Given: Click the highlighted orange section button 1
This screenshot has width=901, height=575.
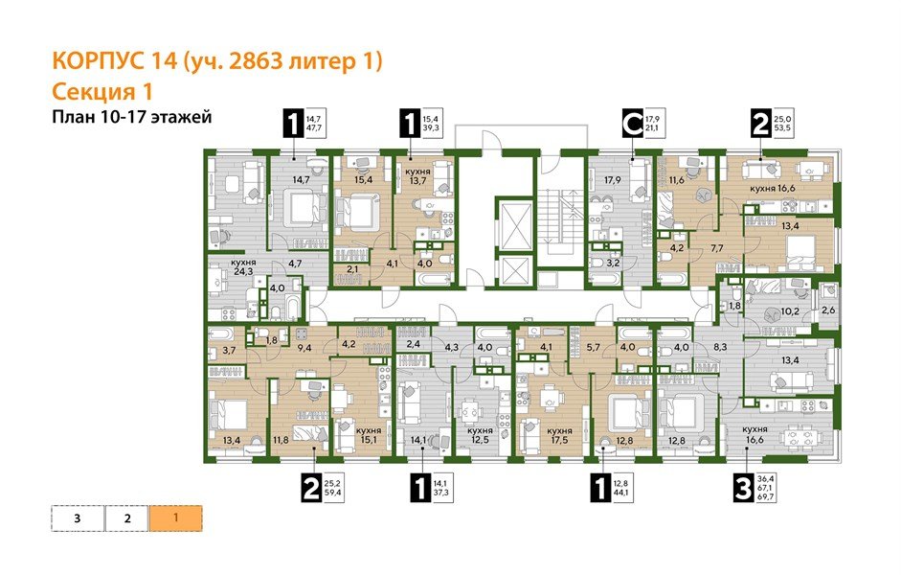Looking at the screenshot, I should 175,518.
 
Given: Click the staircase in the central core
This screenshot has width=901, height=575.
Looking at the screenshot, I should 554,225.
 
